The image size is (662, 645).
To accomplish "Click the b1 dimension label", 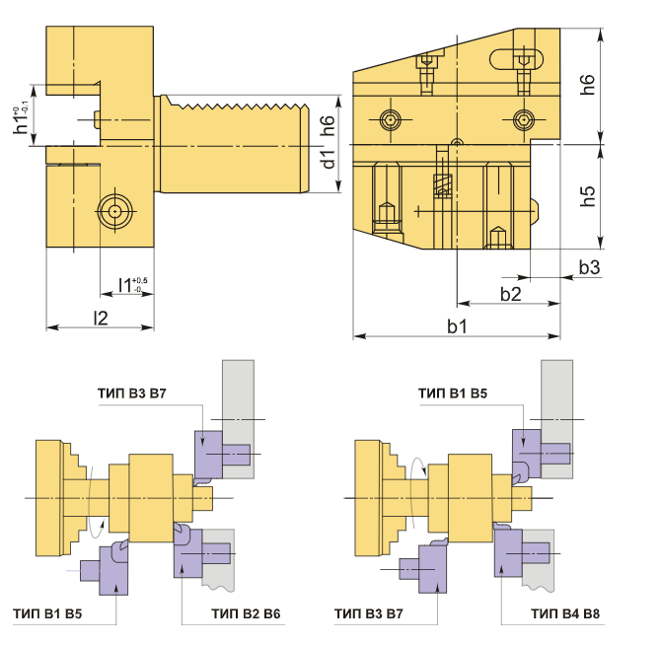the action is coord(457,326).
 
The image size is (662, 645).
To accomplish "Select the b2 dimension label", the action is coord(510,294).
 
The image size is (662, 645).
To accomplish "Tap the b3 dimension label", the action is coord(589,267).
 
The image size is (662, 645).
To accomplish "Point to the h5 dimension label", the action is coord(587,196).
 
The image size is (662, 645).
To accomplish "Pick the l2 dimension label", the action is coord(101,318).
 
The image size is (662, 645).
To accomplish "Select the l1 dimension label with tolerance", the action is coord(132,285).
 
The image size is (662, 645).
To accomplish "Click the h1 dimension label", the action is coord(21,120).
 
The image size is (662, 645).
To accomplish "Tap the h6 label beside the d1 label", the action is coord(328,125).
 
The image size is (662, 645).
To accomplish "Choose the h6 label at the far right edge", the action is coord(587,85).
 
